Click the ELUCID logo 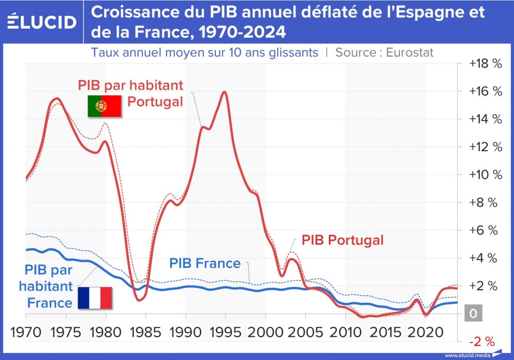tap(42, 22)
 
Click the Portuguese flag tap(104, 106)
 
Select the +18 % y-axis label tap(484, 64)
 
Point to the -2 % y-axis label tap(482, 341)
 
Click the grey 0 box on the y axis tap(473, 313)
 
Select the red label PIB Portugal tap(342, 240)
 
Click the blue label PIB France tap(205, 264)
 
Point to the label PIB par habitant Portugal tap(131, 93)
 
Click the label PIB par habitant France tap(49, 286)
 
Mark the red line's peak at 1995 tap(224, 92)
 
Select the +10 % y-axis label tap(484, 174)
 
